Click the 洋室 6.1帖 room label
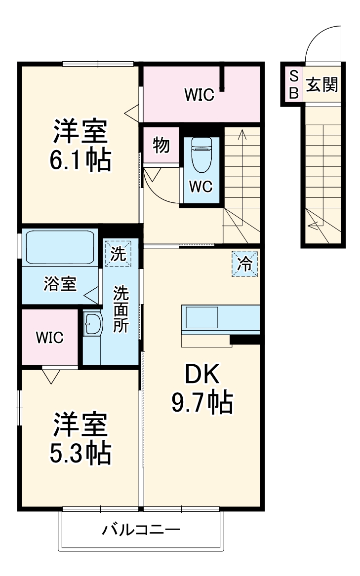pyautogui.click(x=80, y=146)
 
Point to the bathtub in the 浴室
pyautogui.click(x=61, y=247)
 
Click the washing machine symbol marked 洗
pyautogui.click(x=118, y=253)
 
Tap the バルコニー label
pyautogui.click(x=141, y=531)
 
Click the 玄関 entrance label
pyautogui.click(x=322, y=85)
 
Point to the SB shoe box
pyautogui.click(x=293, y=84)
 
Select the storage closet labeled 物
pyautogui.click(x=161, y=145)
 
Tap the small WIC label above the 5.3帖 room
pyautogui.click(x=49, y=338)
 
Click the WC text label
pyautogui.click(x=201, y=187)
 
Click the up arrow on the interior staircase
pyautogui.click(x=242, y=134)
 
